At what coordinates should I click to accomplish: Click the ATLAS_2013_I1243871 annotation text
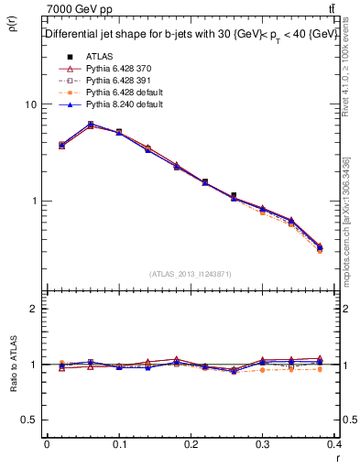tap(191, 274)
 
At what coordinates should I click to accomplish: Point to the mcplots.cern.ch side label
tap(346, 220)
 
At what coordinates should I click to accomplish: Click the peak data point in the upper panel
tap(90, 124)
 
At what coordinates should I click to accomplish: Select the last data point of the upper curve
tap(319, 247)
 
